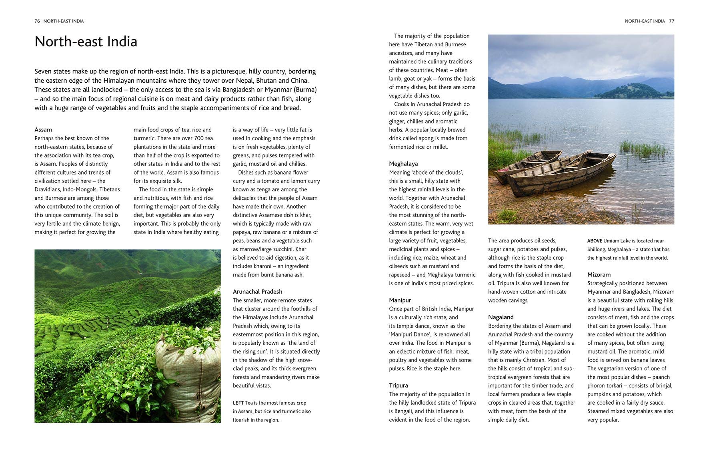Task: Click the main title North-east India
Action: click(86, 42)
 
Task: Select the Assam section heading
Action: click(43, 129)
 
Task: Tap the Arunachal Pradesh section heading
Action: click(257, 292)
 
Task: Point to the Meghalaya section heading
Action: click(403, 164)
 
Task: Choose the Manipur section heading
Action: click(400, 300)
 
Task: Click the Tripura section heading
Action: click(398, 385)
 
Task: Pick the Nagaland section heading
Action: click(501, 317)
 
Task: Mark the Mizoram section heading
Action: click(599, 274)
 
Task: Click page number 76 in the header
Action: click(37, 21)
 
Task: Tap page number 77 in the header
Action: click(671, 21)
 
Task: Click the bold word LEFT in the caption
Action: click(238, 403)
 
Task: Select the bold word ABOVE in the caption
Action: click(595, 241)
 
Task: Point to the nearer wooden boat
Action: click(560, 176)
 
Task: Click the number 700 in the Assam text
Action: click(198, 138)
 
